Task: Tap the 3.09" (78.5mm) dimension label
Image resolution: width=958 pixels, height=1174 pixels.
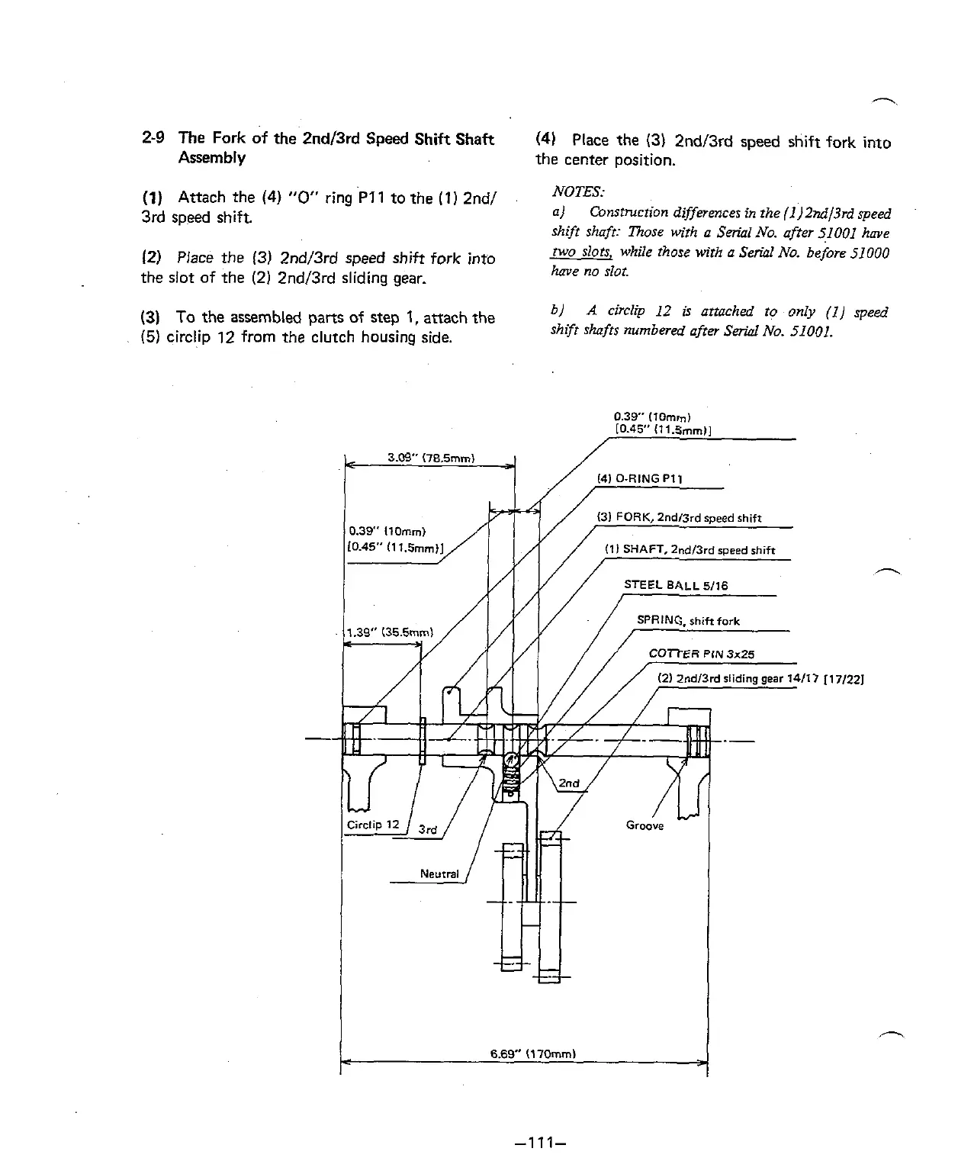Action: tap(431, 458)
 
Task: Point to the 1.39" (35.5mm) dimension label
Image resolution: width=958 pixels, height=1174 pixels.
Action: tap(390, 632)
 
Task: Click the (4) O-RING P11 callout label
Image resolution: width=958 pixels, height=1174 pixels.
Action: tap(639, 479)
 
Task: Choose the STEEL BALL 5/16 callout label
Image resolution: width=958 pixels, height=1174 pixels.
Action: tap(676, 586)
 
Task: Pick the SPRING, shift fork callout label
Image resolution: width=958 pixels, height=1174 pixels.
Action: tap(688, 621)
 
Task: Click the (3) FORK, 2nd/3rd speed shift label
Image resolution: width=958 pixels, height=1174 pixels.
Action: tap(679, 519)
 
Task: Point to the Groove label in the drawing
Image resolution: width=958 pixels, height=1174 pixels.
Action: tap(645, 825)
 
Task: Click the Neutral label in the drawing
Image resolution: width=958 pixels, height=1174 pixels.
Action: tap(439, 874)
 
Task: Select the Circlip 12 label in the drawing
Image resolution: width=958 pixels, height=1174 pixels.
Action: tap(373, 825)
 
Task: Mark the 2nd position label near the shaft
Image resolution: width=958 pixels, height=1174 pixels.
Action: tap(569, 783)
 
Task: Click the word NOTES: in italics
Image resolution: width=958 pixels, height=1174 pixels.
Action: tap(578, 191)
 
